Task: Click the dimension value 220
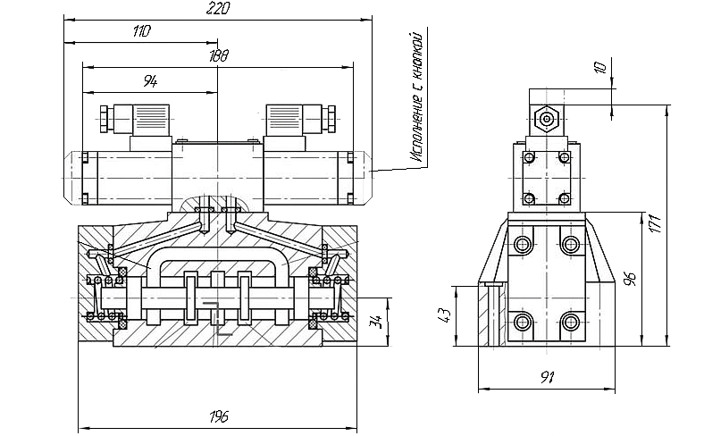click(218, 8)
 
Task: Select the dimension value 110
click(142, 31)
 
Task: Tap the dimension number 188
click(219, 55)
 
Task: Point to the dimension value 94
click(150, 81)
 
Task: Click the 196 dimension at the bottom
click(219, 416)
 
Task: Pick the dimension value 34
click(377, 321)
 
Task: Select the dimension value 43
click(444, 314)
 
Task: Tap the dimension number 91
click(547, 377)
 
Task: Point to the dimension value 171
click(656, 223)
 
